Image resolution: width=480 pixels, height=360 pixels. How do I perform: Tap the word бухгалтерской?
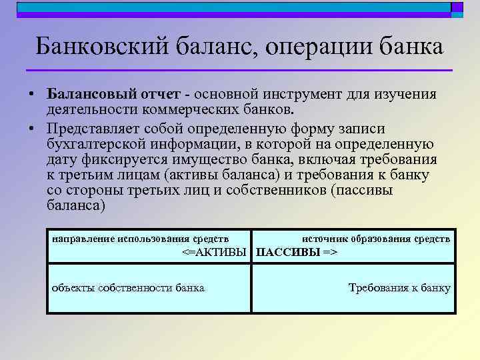[x=95, y=144]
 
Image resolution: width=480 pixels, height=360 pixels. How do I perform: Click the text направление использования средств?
[x=141, y=237]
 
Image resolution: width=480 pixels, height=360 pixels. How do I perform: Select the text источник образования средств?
[x=376, y=237]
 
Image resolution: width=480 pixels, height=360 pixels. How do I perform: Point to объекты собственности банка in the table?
[x=129, y=288]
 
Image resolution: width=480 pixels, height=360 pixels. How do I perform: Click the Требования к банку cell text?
[x=399, y=288]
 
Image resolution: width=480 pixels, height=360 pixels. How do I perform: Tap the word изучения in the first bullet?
[x=407, y=95]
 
